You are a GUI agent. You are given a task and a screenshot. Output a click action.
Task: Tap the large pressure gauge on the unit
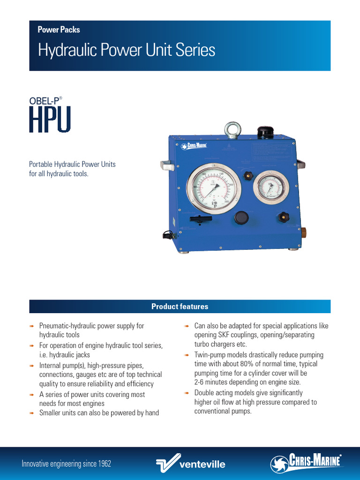tap(213, 188)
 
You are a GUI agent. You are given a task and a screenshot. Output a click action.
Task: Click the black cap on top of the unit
tap(265, 132)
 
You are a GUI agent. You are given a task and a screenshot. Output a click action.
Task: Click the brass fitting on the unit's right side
tap(303, 232)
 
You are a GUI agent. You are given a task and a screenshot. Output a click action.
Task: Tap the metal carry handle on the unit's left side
tap(167, 165)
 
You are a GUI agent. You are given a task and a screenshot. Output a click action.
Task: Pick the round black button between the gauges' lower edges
tap(241, 217)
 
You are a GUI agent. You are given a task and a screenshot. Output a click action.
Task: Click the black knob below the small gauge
tap(283, 217)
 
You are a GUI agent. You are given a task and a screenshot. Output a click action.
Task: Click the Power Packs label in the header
tap(59, 30)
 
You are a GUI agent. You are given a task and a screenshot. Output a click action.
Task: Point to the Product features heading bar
tap(180, 307)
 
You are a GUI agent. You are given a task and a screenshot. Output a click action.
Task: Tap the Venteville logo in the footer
tap(190, 464)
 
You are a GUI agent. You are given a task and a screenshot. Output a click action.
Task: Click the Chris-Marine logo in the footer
tap(307, 463)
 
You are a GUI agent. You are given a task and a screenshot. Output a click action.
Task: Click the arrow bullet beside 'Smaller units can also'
tap(32, 413)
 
